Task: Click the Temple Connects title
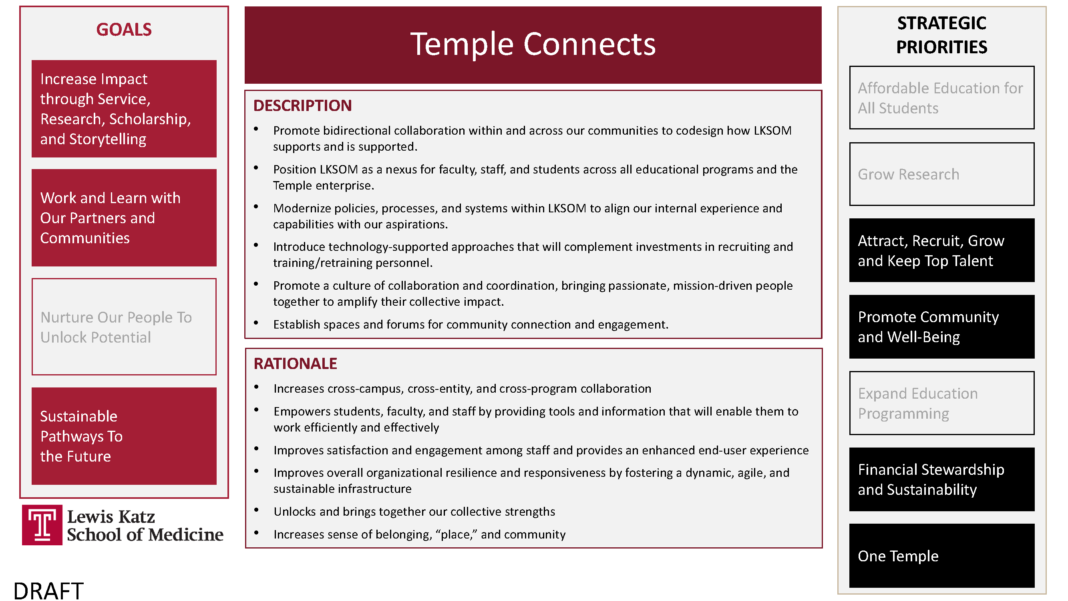coord(533,44)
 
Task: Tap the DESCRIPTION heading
coord(302,106)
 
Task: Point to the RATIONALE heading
coord(295,364)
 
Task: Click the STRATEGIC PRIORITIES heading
coord(941,35)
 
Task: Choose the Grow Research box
coord(941,174)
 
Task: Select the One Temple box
coord(941,556)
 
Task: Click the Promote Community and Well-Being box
coord(941,327)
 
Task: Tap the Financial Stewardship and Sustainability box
coord(941,480)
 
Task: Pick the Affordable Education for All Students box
coord(941,98)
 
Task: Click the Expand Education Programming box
coord(941,403)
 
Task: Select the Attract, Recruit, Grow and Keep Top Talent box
coord(941,250)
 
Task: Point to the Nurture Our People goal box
coord(124,327)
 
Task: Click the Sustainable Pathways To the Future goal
coord(124,436)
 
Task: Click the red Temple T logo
coord(42,525)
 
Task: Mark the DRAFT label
coord(48,591)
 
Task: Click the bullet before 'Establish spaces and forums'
coord(256,323)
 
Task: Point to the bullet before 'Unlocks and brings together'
coord(257,510)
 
